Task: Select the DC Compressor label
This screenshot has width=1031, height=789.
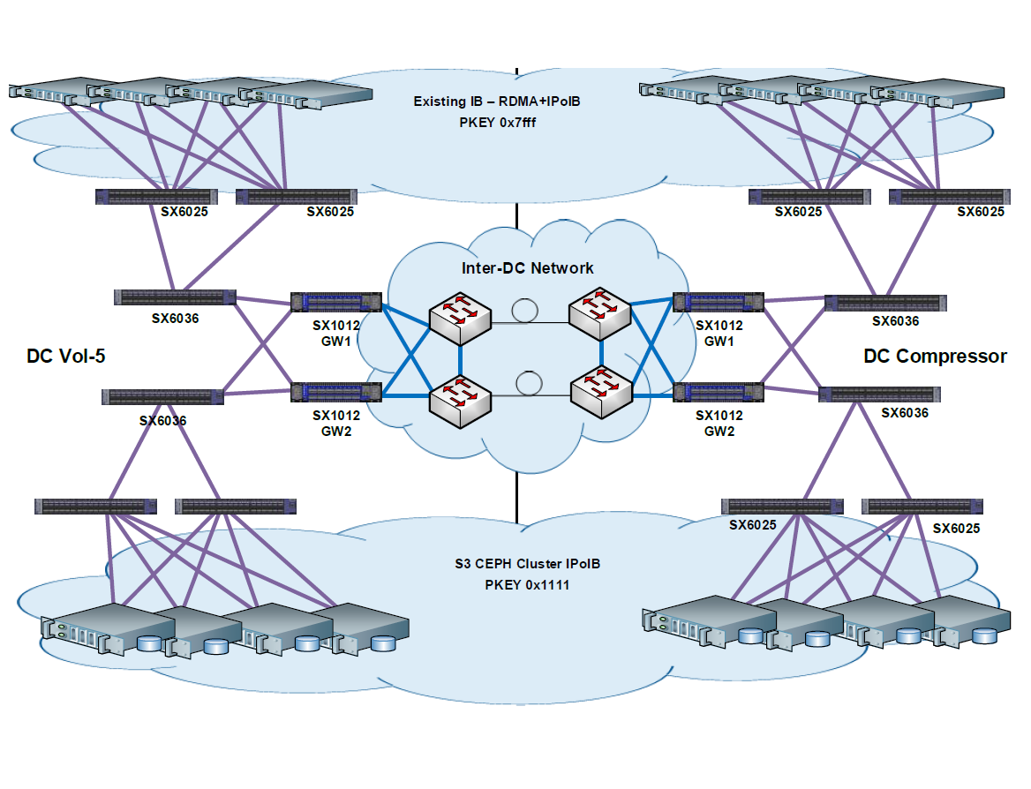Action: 935,357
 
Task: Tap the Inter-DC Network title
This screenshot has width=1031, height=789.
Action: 528,268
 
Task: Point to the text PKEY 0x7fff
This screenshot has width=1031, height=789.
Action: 497,123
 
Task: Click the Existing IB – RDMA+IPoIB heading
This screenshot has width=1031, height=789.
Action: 497,101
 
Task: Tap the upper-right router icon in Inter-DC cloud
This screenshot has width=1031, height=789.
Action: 600,314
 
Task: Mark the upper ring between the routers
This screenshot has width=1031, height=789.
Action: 527,311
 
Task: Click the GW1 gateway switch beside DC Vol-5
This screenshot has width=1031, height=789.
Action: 337,303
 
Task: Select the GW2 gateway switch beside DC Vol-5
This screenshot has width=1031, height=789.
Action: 337,391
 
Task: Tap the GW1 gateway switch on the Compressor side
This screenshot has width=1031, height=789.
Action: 718,303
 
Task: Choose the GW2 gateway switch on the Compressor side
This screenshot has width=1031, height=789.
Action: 718,391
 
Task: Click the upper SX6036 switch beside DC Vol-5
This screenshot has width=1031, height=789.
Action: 175,297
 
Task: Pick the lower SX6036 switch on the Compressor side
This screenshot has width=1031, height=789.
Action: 879,394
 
